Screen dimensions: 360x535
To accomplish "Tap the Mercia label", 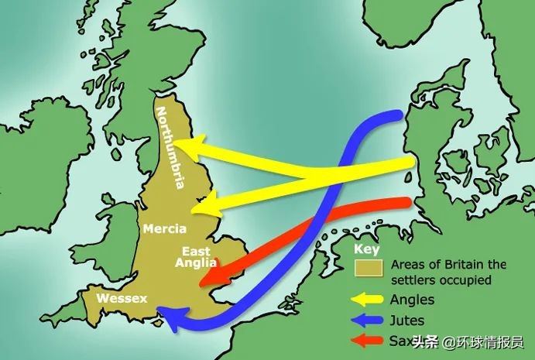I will click(x=164, y=229).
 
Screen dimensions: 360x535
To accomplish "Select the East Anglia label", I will click(x=196, y=256).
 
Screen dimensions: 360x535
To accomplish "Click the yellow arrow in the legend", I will click(x=369, y=300).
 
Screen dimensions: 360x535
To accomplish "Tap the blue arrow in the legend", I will click(x=369, y=320).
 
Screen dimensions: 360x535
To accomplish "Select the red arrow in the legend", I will click(x=369, y=340).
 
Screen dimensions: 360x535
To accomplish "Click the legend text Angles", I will click(x=413, y=300).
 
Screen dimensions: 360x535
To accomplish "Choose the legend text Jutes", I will click(x=410, y=320).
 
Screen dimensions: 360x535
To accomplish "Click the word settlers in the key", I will click(x=414, y=279).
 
